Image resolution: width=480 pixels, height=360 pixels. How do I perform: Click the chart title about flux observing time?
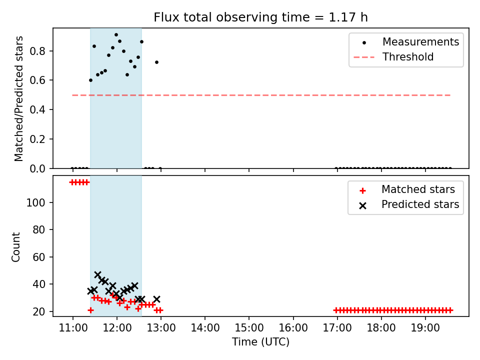tap(260, 17)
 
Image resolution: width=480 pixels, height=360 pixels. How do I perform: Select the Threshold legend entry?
tap(393, 57)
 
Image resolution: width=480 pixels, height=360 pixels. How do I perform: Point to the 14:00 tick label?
tap(205, 328)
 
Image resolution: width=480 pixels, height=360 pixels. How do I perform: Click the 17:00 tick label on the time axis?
tap(337, 328)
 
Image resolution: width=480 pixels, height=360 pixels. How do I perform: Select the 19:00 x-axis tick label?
tap(425, 328)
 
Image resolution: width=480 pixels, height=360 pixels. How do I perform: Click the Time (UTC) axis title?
tap(260, 342)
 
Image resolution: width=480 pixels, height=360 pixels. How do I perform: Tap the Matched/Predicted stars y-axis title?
tap(18, 98)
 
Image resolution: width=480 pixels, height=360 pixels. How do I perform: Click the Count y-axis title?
tap(15, 247)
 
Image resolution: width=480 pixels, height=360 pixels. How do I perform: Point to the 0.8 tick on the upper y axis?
tap(37, 51)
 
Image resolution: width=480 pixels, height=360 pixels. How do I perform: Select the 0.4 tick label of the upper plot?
tap(37, 109)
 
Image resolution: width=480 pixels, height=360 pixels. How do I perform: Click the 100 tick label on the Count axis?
tap(36, 202)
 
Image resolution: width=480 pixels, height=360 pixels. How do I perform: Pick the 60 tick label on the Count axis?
tap(39, 257)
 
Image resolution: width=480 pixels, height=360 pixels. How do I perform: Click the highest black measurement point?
tap(116, 35)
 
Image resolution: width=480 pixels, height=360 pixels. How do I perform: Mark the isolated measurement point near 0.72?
tap(156, 62)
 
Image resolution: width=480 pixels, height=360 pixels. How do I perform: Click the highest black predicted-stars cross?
tap(97, 274)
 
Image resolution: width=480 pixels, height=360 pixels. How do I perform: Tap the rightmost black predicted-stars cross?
tap(156, 299)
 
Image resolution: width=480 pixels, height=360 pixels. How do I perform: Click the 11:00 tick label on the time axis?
tap(73, 328)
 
